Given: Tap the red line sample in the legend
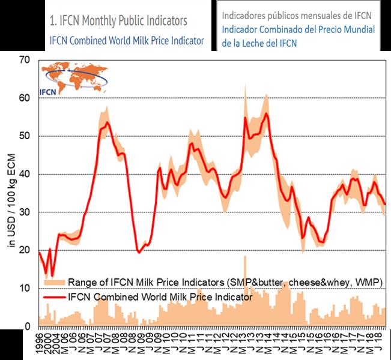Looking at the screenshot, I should coord(54,295).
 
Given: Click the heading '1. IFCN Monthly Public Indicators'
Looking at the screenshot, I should coord(118,21).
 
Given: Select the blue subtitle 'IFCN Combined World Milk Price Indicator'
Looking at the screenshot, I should coord(126,41).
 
